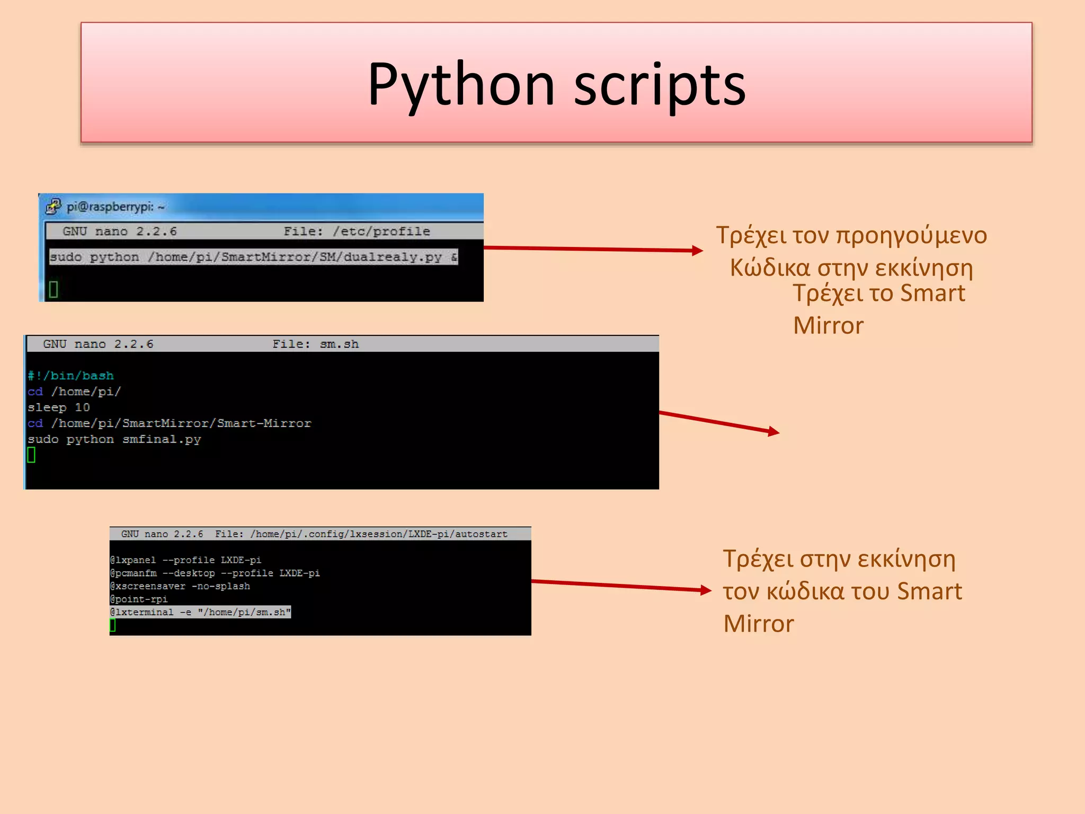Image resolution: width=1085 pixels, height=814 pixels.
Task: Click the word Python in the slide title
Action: point(461,85)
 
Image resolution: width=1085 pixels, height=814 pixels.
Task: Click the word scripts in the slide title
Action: point(660,85)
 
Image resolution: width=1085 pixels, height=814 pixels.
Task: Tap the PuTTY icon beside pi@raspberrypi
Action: point(54,206)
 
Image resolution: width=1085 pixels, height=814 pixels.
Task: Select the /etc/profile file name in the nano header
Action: point(381,232)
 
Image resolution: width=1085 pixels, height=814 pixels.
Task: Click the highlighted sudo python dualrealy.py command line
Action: point(253,257)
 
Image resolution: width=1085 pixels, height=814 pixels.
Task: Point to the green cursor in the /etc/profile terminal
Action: point(53,289)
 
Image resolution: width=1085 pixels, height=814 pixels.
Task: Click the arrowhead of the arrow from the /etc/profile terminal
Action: point(698,250)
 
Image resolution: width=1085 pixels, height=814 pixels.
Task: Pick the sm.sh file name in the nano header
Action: point(339,344)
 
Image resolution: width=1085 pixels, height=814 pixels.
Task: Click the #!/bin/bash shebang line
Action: point(71,376)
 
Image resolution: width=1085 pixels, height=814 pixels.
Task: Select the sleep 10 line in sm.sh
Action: point(59,408)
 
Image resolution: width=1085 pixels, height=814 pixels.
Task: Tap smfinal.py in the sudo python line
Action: point(162,439)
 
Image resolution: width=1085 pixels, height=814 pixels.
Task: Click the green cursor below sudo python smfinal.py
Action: point(31,455)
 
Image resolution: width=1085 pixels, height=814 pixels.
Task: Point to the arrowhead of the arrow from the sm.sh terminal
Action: point(775,432)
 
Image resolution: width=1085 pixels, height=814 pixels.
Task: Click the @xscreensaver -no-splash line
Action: point(180,586)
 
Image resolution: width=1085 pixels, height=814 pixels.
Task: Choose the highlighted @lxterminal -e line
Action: point(200,612)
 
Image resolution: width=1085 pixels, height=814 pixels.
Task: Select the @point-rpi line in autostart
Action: point(139,599)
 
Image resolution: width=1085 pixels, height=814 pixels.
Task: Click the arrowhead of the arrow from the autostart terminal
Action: point(706,590)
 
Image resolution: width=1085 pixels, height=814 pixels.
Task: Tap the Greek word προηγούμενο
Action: point(911,236)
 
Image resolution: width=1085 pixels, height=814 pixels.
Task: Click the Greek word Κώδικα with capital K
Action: point(770,268)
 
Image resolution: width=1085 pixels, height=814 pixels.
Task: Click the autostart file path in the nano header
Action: point(379,534)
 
